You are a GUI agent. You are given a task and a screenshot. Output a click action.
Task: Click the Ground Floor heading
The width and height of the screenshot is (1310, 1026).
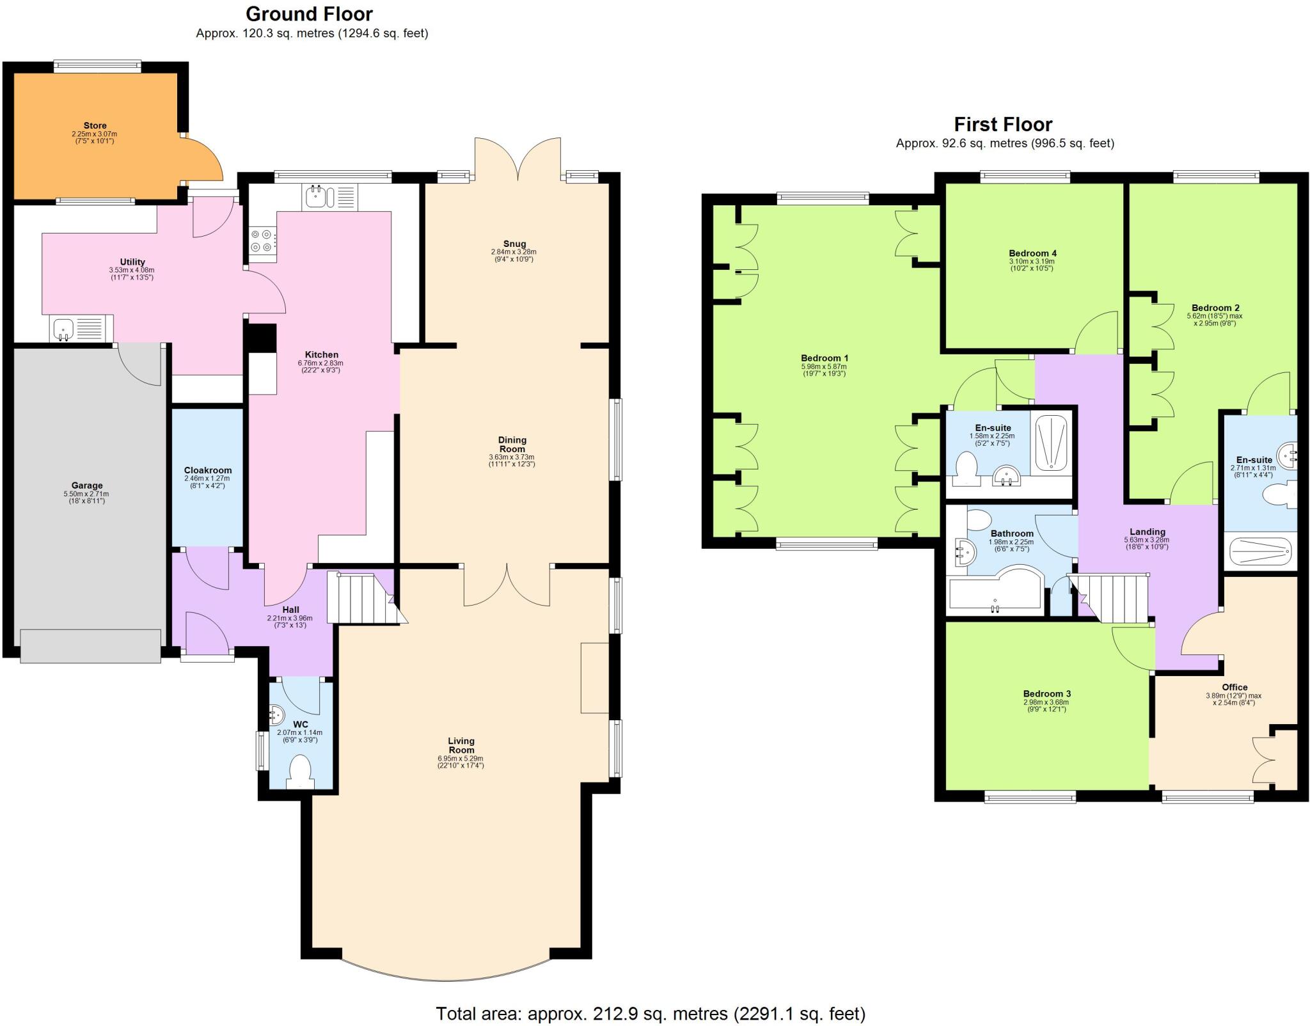pos(309,14)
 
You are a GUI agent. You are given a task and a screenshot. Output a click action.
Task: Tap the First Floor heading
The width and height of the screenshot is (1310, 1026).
pos(1003,124)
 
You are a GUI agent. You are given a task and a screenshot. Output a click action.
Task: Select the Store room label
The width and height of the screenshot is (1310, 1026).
pos(95,126)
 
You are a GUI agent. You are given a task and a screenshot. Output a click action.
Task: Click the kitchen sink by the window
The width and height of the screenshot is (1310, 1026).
pos(317,197)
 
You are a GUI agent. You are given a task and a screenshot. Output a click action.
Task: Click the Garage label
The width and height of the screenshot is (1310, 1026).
pos(86,485)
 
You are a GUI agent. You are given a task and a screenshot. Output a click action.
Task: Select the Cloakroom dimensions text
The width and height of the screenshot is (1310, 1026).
pos(207,482)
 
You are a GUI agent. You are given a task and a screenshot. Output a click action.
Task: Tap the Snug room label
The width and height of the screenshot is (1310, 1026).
pos(514,244)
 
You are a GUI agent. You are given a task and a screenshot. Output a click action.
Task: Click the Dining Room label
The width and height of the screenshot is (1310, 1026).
pos(512,444)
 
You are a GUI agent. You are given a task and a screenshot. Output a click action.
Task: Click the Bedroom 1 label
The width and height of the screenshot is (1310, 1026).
pos(824,358)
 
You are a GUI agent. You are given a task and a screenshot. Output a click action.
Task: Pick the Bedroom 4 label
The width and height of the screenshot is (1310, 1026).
pos(1031,253)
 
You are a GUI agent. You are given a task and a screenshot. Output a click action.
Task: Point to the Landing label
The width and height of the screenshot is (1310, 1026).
pos(1147,532)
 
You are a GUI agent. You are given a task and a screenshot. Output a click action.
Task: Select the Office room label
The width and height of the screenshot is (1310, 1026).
pos(1234,687)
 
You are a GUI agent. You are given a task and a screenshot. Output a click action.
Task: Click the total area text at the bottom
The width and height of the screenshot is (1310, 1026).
pos(650,1013)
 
